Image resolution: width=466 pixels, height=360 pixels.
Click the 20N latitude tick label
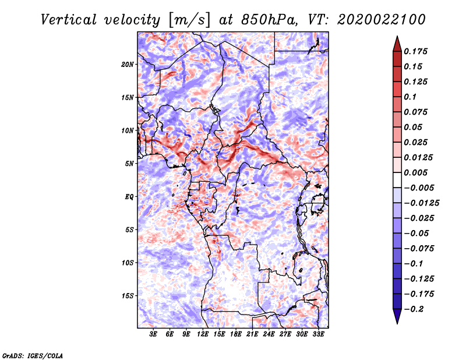point(127,65)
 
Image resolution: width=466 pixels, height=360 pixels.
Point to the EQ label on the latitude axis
point(129,197)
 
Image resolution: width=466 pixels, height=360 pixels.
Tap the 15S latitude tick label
point(128,296)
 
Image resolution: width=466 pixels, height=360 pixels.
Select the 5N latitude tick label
point(129,164)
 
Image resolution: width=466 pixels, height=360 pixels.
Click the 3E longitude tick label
point(153,334)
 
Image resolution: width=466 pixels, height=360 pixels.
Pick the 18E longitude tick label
point(236,334)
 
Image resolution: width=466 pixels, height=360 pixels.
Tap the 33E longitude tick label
point(318,334)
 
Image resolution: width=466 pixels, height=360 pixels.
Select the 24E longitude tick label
point(269,334)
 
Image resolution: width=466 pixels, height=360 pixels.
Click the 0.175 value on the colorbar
point(415,51)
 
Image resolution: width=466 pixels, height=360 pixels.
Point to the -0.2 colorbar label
point(414,309)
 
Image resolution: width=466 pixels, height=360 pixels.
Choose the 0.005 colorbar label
point(415,172)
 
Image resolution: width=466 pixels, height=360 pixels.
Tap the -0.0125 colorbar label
point(421,203)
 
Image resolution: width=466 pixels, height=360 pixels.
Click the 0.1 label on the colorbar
point(410,97)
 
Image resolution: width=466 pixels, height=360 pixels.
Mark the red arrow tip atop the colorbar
point(397,36)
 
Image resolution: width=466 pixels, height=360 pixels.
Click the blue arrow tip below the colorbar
point(397,323)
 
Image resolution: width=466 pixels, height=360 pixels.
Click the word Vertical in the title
point(69,20)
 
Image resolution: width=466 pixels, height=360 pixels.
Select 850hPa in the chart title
point(270,20)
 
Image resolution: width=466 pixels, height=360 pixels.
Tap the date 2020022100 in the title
point(382,20)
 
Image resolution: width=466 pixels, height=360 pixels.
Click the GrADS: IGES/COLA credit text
point(33,355)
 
